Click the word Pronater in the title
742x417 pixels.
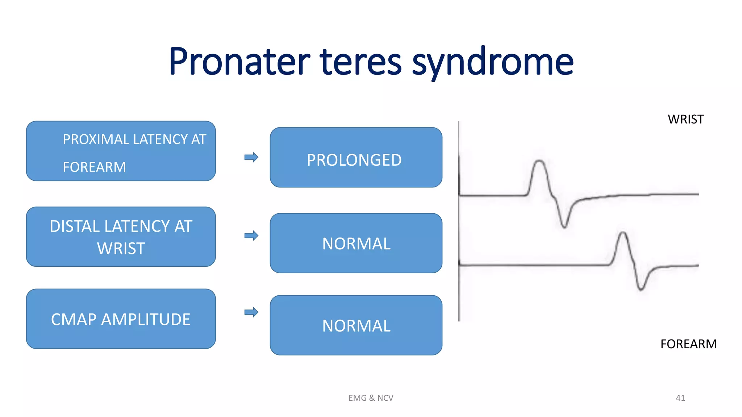pos(239,62)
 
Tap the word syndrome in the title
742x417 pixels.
pos(492,62)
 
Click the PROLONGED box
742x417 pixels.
pos(356,157)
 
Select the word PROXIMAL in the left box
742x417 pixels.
pos(96,139)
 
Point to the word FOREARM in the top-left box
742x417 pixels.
pos(95,167)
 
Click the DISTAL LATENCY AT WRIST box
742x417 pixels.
pos(121,237)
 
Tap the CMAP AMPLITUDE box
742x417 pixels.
pos(121,319)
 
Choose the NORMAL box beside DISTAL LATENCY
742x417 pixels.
pos(356,243)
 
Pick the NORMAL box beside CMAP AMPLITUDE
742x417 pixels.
pos(356,325)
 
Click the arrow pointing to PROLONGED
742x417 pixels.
pos(251,157)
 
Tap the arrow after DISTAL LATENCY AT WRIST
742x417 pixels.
pos(251,236)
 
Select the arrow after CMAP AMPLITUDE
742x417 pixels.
pos(251,312)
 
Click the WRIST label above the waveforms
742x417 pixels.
pos(685,119)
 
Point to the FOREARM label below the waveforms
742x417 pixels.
pos(688,344)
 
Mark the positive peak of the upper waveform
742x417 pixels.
pos(539,161)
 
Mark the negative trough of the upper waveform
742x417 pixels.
pos(564,227)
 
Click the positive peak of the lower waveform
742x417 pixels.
pos(623,233)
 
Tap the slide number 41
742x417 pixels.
pos(680,398)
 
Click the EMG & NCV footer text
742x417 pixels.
pos(371,398)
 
